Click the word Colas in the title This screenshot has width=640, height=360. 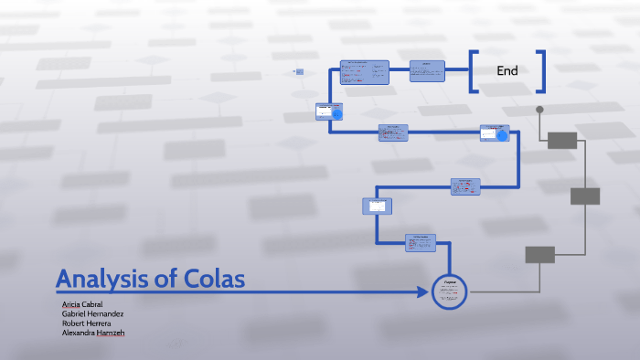pyautogui.click(x=217, y=280)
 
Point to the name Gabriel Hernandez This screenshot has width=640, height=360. pyautogui.click(x=92, y=313)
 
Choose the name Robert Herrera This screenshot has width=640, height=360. pyautogui.click(x=86, y=323)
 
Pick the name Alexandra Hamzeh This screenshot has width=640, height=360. pyautogui.click(x=92, y=334)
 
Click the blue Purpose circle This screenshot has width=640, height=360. pyautogui.click(x=449, y=291)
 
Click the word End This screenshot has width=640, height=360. pyautogui.click(x=507, y=71)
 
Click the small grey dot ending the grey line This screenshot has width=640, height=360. pyautogui.click(x=539, y=110)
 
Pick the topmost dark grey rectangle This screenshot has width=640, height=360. pyautogui.click(x=562, y=140)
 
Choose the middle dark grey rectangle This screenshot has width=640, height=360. pyautogui.click(x=585, y=196)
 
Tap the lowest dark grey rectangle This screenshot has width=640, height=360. pyautogui.click(x=539, y=255)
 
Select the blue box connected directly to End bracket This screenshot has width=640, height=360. pyautogui.click(x=427, y=71)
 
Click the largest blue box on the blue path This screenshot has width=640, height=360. pyautogui.click(x=364, y=71)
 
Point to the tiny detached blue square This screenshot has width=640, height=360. pyautogui.click(x=299, y=70)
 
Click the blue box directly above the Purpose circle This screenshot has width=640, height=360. pyautogui.click(x=421, y=242)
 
